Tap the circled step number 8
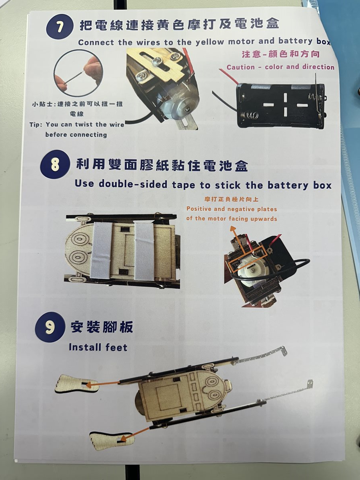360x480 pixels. pyautogui.click(x=55, y=164)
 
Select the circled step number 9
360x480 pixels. pyautogui.click(x=50, y=327)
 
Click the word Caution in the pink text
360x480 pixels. pyautogui.click(x=240, y=67)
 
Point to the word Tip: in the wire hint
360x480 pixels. pyautogui.click(x=36, y=125)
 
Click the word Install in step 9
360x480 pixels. pyautogui.click(x=86, y=347)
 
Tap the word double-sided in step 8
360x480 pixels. pyautogui.click(x=133, y=184)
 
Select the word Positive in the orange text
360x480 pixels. pyautogui.click(x=199, y=209)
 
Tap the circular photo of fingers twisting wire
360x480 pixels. pyautogui.click(x=78, y=73)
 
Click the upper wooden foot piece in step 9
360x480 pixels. pyautogui.click(x=76, y=384)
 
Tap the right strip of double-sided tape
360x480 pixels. pyautogui.click(x=145, y=251)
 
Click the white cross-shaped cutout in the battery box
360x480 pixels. pyautogui.click(x=285, y=105)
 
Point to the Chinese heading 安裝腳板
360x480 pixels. pyautogui.click(x=102, y=327)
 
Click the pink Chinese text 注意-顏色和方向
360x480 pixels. pyautogui.click(x=281, y=54)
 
